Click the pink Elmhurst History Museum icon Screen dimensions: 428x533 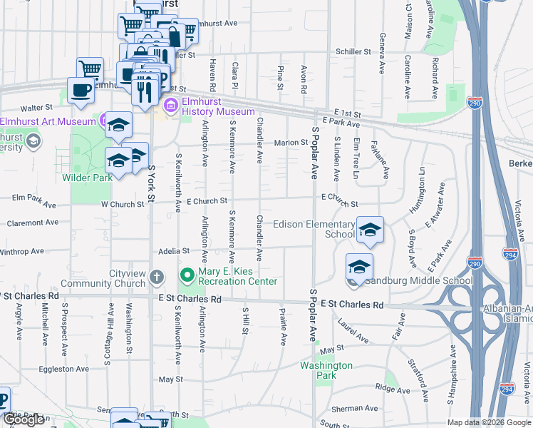[171, 107]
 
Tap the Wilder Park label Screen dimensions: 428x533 [87, 177]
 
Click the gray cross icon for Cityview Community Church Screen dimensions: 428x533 [157, 276]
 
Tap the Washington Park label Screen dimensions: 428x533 [326, 370]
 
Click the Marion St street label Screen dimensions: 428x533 [291, 143]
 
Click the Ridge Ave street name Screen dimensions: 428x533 [393, 389]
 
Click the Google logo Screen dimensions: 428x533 [24, 420]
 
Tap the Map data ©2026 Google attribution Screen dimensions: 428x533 [489, 422]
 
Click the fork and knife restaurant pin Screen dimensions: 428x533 [145, 90]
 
